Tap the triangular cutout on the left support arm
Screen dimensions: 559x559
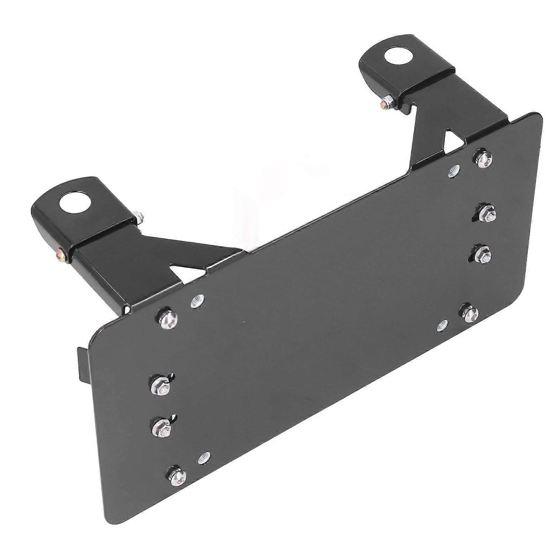point(182,271)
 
